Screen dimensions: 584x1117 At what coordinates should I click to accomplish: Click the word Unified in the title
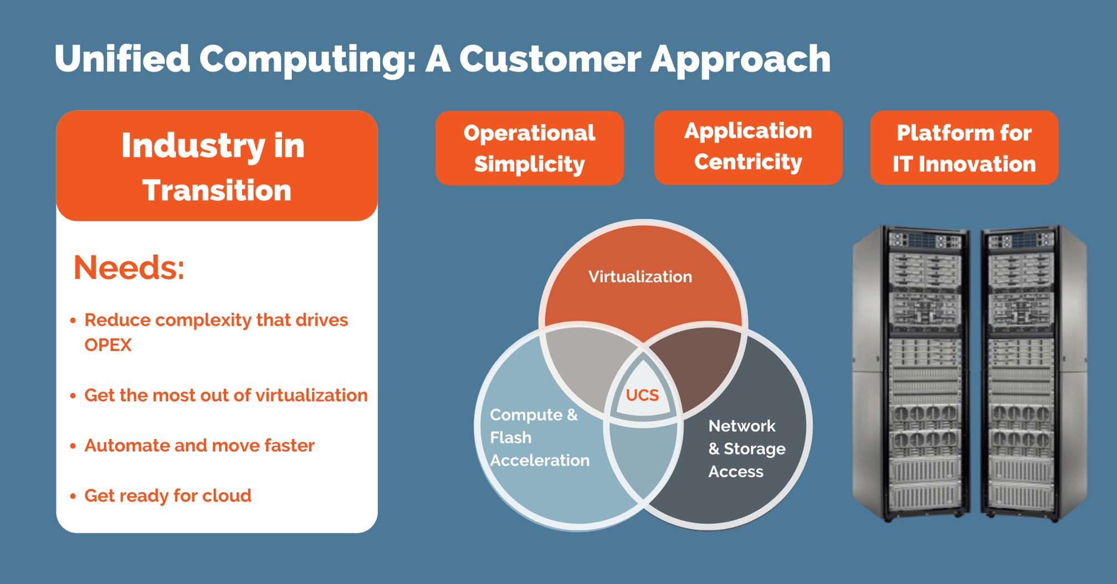tap(122, 59)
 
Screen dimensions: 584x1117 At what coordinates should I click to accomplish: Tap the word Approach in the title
tap(740, 59)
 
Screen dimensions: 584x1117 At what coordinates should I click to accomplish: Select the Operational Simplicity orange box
tap(529, 148)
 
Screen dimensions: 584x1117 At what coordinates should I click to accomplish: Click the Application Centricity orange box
tap(748, 147)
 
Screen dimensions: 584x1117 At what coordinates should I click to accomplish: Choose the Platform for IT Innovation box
tap(964, 148)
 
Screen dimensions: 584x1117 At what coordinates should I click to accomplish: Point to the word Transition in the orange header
tap(217, 190)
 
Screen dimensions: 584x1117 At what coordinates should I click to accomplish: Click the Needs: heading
tap(129, 268)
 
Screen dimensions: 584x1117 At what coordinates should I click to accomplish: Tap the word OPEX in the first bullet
tap(108, 345)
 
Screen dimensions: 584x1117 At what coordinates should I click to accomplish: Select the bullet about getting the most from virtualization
tap(226, 395)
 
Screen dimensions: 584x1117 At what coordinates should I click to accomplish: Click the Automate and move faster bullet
tap(199, 446)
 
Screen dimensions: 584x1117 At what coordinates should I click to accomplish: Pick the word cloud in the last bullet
tap(227, 495)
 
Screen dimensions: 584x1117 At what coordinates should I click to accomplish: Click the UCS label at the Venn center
tap(642, 395)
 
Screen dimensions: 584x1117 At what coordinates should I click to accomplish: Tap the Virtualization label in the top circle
tap(640, 277)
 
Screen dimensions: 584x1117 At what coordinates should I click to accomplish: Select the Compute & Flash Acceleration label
tap(539, 437)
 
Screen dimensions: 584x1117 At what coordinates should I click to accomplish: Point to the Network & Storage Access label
tap(746, 448)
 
